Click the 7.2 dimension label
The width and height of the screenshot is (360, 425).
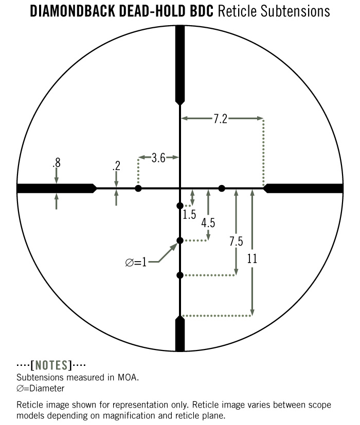click(x=220, y=119)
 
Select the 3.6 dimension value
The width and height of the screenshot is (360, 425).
click(x=158, y=158)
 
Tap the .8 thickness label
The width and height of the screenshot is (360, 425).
click(x=57, y=162)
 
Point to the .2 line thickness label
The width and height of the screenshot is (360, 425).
click(x=116, y=165)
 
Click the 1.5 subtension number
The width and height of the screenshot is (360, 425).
click(x=189, y=214)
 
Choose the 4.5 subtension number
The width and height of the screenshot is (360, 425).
click(x=208, y=223)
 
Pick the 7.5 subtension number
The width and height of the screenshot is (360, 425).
click(x=236, y=241)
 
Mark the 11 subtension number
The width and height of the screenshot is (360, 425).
click(x=252, y=258)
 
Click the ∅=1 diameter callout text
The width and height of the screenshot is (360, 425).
click(x=136, y=263)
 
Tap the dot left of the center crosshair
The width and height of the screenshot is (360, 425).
click(x=138, y=189)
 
